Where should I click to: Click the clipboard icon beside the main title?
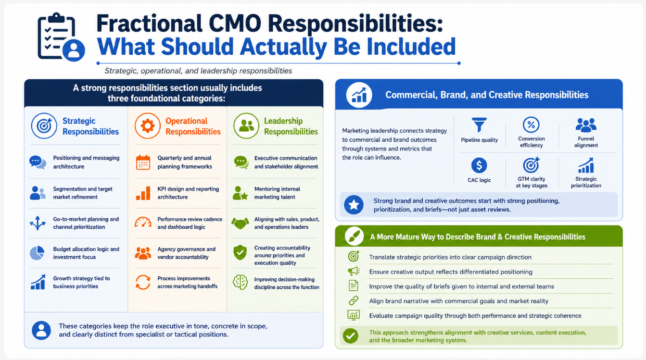pyautogui.click(x=61, y=37)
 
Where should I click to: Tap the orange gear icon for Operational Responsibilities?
pyautogui.click(x=147, y=125)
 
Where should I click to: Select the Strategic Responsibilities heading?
pyautogui.click(x=90, y=126)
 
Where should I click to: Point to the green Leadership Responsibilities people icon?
pyautogui.click(x=246, y=125)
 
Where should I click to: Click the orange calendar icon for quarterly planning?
pyautogui.click(x=143, y=162)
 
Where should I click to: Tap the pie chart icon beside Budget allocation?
pyautogui.click(x=37, y=253)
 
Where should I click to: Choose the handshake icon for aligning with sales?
pyautogui.click(x=240, y=223)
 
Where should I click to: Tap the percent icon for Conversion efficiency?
pyautogui.click(x=531, y=125)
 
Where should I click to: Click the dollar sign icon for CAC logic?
pyautogui.click(x=479, y=165)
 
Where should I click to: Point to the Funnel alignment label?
pyautogui.click(x=586, y=142)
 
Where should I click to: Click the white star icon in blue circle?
pyautogui.click(x=354, y=205)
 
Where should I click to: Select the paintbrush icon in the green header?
pyautogui.click(x=354, y=236)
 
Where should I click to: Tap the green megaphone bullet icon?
pyautogui.click(x=354, y=271)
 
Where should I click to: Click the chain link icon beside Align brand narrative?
pyautogui.click(x=354, y=300)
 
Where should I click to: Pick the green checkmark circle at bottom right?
pyautogui.click(x=351, y=336)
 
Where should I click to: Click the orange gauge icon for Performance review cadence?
pyautogui.click(x=143, y=223)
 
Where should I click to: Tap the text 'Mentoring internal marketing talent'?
pyautogui.click(x=277, y=193)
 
